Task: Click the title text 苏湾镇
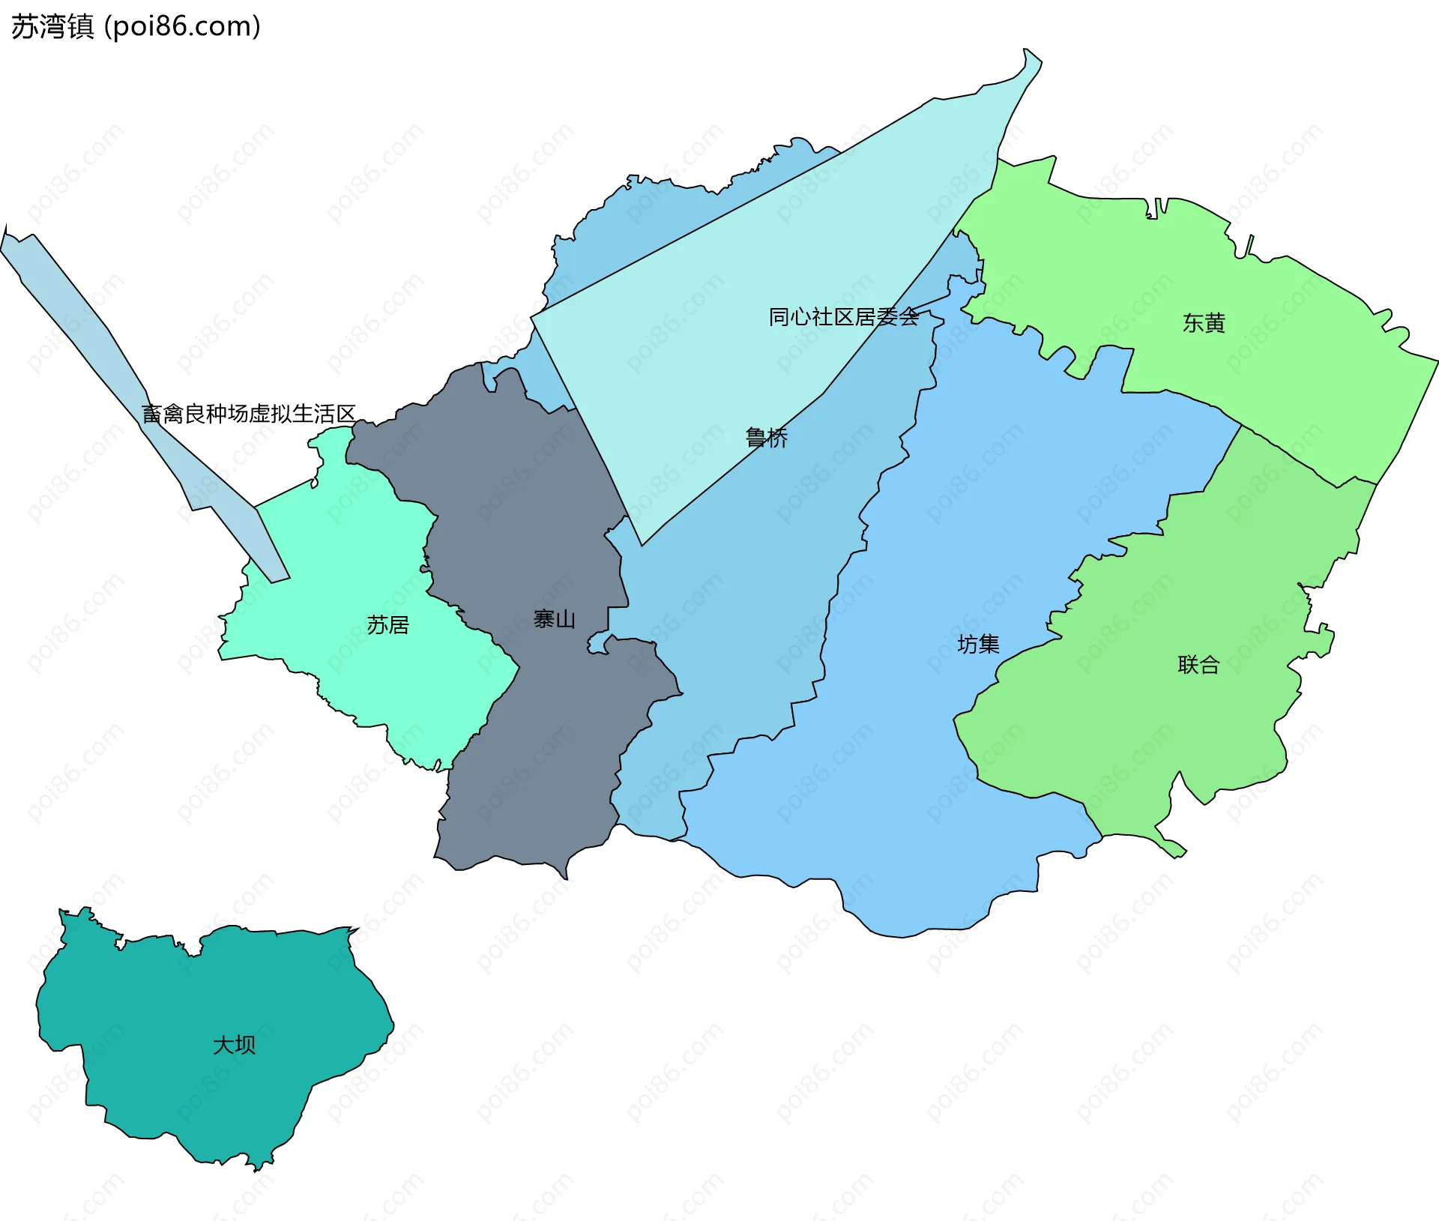(x=52, y=27)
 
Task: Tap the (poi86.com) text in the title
(x=182, y=27)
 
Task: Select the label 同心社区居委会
(x=843, y=317)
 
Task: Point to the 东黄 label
(x=1204, y=323)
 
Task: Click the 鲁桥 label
(x=767, y=438)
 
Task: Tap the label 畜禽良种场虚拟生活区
(x=248, y=414)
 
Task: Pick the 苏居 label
(x=387, y=624)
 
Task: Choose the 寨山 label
(x=555, y=619)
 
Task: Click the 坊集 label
(x=978, y=644)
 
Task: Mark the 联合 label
(x=1198, y=664)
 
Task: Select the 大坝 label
(x=234, y=1045)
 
